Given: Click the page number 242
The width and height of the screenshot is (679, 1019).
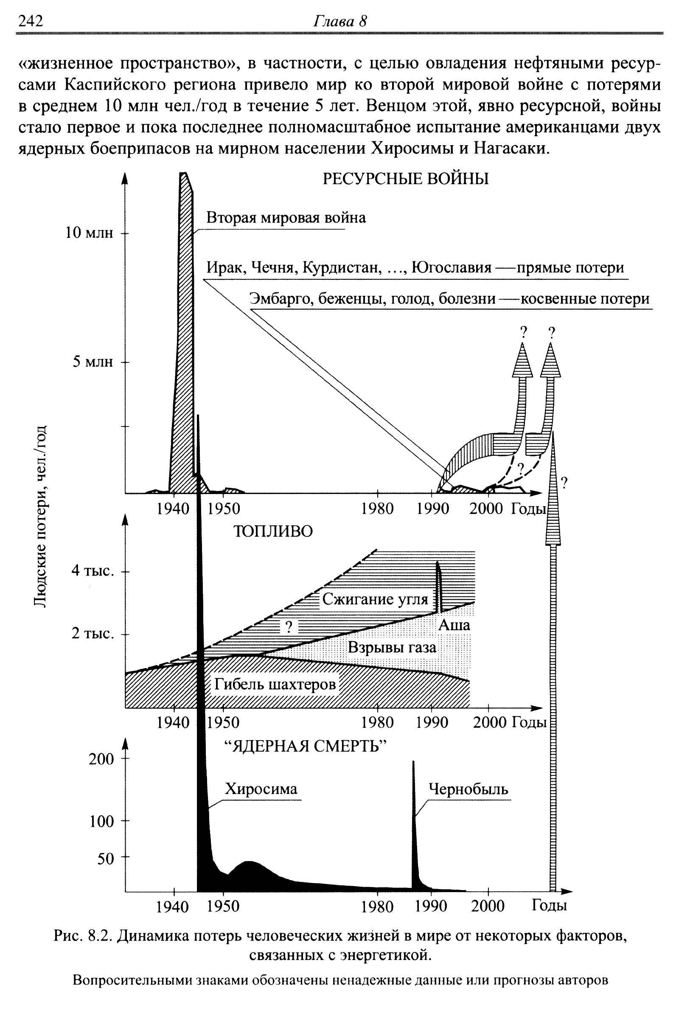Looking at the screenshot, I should coord(31,21).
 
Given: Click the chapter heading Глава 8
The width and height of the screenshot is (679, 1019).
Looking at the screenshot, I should coord(339,21).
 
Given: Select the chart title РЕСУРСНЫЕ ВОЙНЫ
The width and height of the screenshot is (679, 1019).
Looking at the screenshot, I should coord(406,179).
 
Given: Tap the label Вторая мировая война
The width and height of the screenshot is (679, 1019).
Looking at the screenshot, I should coord(286,217).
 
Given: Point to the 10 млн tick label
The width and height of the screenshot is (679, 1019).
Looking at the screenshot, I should coord(89,233).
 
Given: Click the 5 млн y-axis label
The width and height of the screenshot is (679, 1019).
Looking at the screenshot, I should coord(93,362).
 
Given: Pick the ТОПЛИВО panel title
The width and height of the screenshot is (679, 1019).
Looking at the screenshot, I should coord(273,531).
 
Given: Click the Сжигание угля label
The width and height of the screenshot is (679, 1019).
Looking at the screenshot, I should coord(375,599).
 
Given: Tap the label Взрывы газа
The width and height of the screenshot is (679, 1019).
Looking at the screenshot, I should coord(392,647).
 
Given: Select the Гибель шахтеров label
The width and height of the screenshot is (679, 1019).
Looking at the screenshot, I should coord(275,684).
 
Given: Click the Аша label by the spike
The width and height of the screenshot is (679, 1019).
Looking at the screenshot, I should coord(454,625).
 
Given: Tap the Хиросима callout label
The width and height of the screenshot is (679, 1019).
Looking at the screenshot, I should coord(261,789).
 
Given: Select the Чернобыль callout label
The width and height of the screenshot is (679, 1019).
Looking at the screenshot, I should coord(468,789).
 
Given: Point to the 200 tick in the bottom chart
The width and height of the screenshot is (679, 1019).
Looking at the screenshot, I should coord(101,759).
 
